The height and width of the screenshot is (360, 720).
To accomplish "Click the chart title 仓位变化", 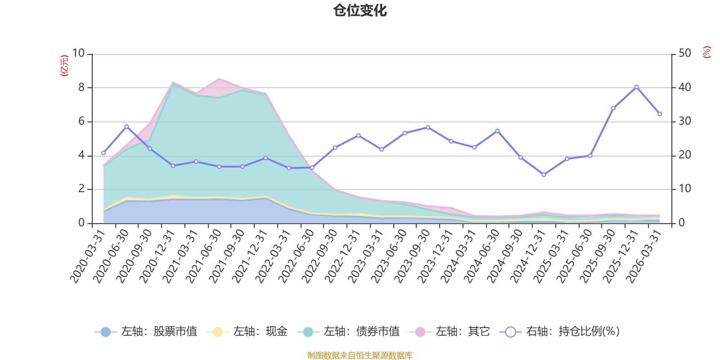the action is pyautogui.click(x=360, y=11).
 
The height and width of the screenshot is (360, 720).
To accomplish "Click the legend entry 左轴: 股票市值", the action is pyautogui.click(x=146, y=331).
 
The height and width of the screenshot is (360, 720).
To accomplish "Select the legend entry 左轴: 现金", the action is pyautogui.click(x=247, y=331).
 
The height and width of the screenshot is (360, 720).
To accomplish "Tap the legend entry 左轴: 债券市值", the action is pyautogui.click(x=348, y=331).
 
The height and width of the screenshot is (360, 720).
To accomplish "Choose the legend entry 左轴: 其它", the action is pyautogui.click(x=450, y=331).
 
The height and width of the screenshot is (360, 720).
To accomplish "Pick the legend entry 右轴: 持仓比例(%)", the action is pyautogui.click(x=560, y=331).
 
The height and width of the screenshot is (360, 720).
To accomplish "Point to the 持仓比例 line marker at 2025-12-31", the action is pyautogui.click(x=636, y=87).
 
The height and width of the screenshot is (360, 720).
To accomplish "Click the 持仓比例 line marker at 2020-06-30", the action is pyautogui.click(x=126, y=126).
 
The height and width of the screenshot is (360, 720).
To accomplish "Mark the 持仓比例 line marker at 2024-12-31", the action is pyautogui.click(x=544, y=175).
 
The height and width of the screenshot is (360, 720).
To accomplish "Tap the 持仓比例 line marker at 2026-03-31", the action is pyautogui.click(x=660, y=114).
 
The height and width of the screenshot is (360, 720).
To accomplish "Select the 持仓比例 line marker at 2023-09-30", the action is pyautogui.click(x=428, y=127).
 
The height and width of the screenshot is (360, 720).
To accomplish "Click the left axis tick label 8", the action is pyautogui.click(x=81, y=87).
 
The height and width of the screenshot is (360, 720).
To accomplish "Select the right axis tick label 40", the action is pyautogui.click(x=684, y=87).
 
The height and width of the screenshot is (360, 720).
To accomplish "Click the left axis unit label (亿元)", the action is pyautogui.click(x=64, y=66).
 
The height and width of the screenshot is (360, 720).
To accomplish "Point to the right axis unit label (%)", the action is pyautogui.click(x=706, y=52).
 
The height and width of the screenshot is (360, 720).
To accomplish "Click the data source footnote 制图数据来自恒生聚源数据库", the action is pyautogui.click(x=360, y=355).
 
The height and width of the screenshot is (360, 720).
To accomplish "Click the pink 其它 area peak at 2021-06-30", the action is pyautogui.click(x=219, y=79).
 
